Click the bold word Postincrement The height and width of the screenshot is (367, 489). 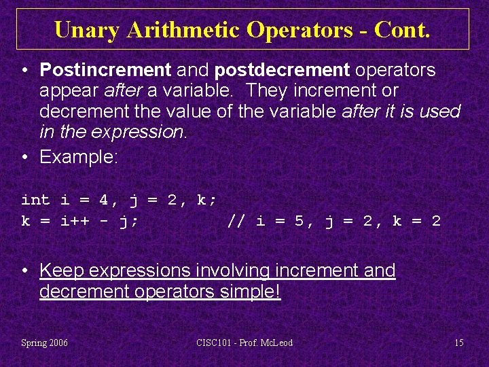coord(105,69)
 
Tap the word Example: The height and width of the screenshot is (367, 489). coord(79,157)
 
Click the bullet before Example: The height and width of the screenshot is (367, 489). coord(25,157)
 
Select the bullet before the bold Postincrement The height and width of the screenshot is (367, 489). coord(25,69)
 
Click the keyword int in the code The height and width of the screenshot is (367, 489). coord(35,200)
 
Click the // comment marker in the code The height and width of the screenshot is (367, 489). coord(236,221)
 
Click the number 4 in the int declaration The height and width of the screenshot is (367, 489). coord(103,200)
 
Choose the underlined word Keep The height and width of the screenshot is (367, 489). coord(62,270)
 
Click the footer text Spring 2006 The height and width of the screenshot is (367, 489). coord(45,343)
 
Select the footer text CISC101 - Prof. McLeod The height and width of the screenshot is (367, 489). coord(244,343)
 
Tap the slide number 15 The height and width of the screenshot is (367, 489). coord(459,343)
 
